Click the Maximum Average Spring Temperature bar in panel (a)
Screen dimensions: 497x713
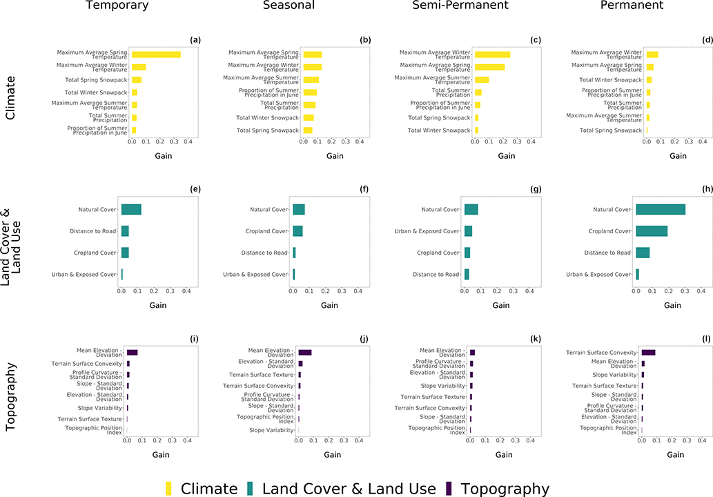[156, 55]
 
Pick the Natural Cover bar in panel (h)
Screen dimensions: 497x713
[661, 209]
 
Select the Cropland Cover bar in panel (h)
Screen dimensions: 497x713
[652, 231]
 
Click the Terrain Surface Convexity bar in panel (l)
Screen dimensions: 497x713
[648, 353]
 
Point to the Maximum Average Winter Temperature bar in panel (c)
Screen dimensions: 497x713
[492, 55]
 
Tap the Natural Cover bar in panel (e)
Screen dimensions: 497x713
[131, 209]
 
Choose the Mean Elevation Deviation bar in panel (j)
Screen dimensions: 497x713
[305, 353]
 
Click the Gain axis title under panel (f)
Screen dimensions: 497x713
[329, 305]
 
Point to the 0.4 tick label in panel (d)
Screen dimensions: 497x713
[703, 141]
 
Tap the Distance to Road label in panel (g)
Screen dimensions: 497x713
[436, 274]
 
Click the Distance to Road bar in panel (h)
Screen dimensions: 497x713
[643, 253]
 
